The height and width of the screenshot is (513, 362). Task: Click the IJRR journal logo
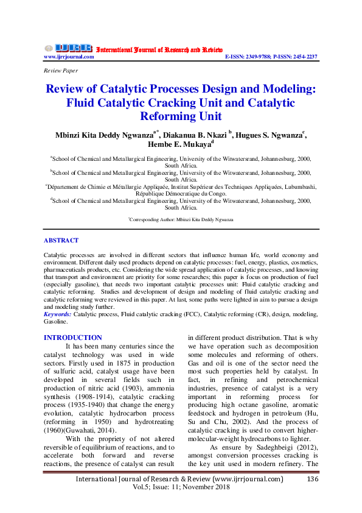pos(68,48)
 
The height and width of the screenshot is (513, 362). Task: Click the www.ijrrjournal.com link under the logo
pos(69,57)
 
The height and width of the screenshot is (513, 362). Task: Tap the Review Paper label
pos(61,71)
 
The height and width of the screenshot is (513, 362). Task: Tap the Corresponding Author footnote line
pos(181,219)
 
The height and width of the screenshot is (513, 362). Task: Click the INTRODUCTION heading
pos(73,338)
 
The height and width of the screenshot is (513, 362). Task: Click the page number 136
pos(313,479)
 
